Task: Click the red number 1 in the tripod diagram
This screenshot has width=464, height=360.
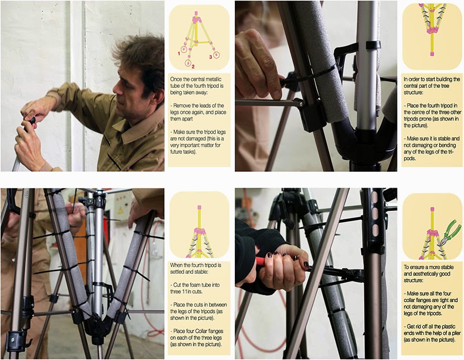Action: (x=179, y=53)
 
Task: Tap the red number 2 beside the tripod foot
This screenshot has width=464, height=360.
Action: (x=193, y=67)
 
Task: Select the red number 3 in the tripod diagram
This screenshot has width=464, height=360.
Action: (x=210, y=57)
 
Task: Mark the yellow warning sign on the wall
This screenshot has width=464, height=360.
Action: (x=120, y=211)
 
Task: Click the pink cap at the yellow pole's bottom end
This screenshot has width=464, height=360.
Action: (x=432, y=54)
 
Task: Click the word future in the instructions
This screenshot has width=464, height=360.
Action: (x=177, y=152)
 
